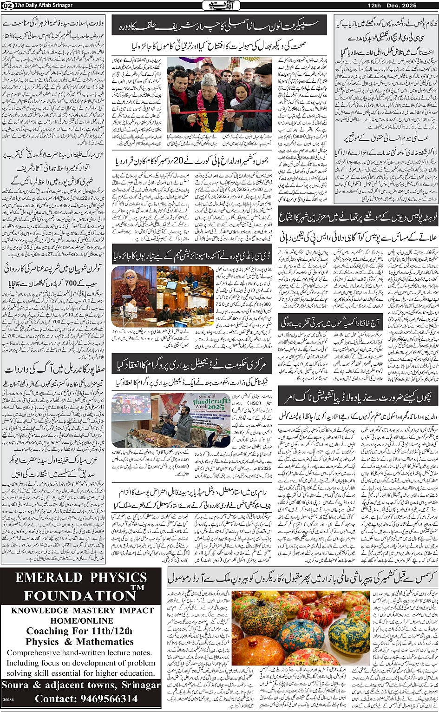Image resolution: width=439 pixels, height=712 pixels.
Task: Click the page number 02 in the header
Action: click(7, 5)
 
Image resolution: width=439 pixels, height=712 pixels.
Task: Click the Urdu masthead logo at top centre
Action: click(218, 6)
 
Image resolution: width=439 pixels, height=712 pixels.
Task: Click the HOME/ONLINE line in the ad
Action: click(82, 620)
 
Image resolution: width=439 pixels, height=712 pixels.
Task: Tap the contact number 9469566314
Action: click(109, 699)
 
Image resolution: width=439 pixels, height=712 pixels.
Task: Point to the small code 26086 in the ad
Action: click(8, 699)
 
